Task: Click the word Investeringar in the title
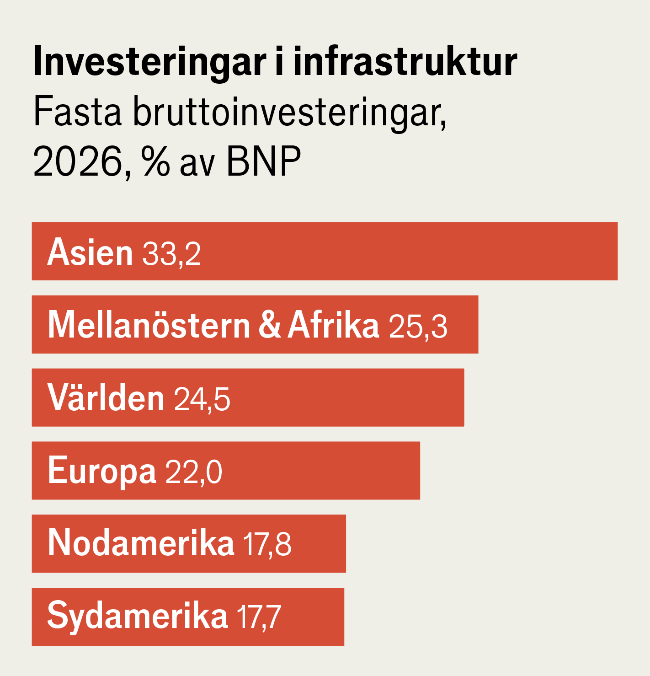click(149, 62)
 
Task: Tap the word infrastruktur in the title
click(405, 62)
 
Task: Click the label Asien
click(90, 252)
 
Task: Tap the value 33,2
click(171, 253)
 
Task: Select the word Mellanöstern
click(149, 325)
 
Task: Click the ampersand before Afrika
click(270, 325)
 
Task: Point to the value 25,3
click(418, 327)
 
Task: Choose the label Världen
click(106, 397)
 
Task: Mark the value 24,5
click(202, 399)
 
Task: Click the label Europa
click(101, 471)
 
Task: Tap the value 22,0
click(194, 472)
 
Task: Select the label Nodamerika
click(141, 543)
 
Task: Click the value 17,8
click(267, 544)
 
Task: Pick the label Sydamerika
click(137, 616)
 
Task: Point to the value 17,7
click(259, 617)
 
